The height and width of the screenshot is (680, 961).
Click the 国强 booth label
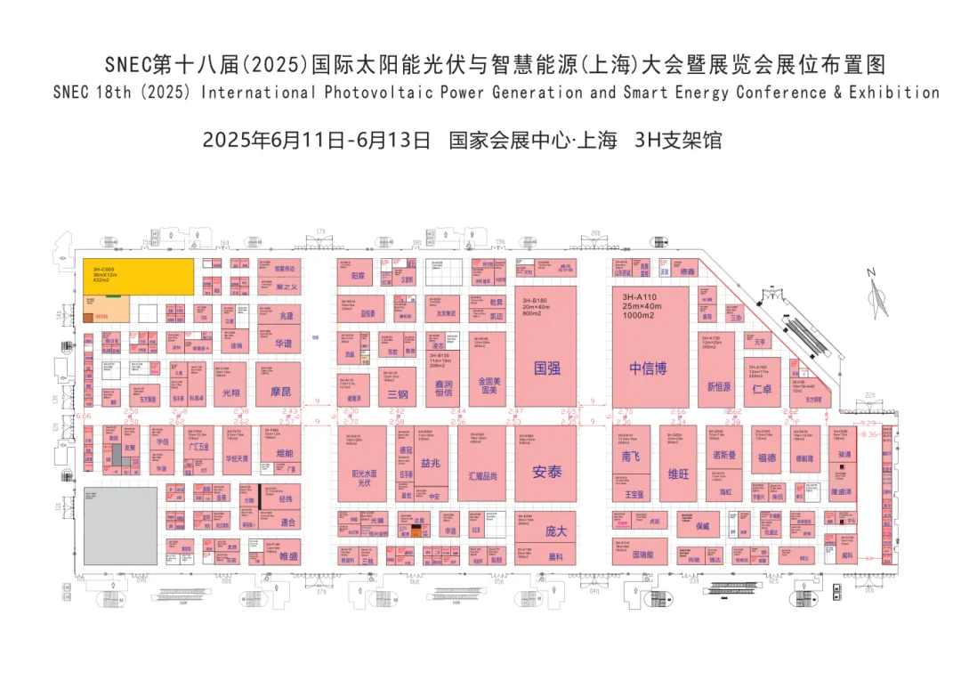click(x=545, y=367)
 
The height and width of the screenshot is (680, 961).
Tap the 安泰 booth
click(x=546, y=472)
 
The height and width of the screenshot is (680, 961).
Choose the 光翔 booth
click(x=230, y=392)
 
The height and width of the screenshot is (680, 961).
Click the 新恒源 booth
click(x=717, y=386)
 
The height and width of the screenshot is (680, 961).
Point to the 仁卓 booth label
click(x=762, y=389)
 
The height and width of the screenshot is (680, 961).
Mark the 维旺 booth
click(x=678, y=474)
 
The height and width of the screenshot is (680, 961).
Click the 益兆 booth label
click(x=431, y=463)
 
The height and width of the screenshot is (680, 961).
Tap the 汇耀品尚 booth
click(x=482, y=476)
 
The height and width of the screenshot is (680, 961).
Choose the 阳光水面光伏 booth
click(x=363, y=478)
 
